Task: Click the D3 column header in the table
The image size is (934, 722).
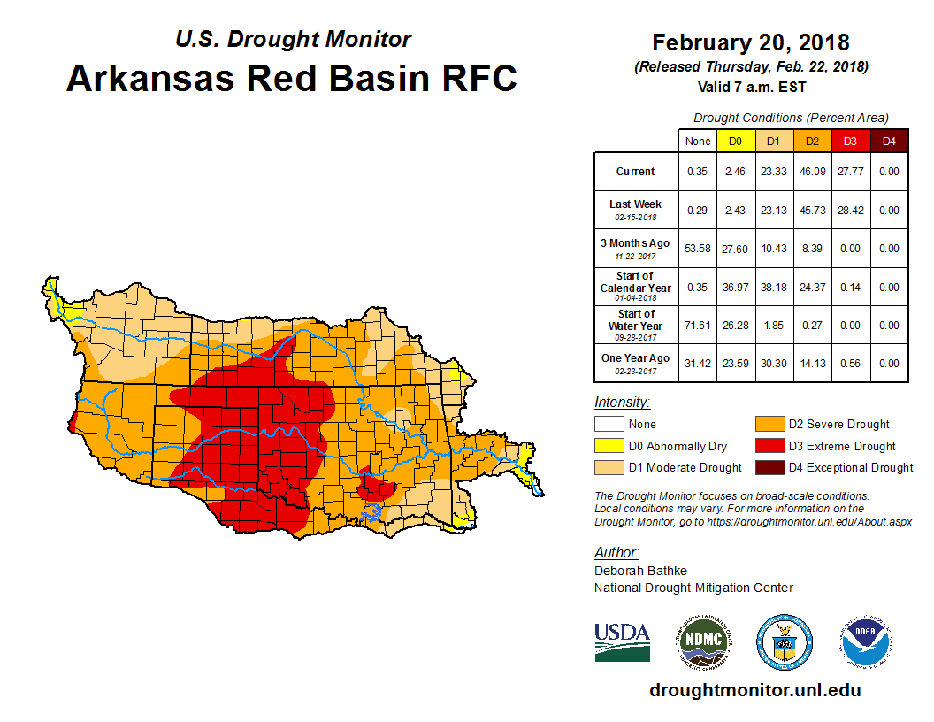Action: (x=850, y=141)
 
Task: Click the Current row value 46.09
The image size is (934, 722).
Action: (x=812, y=172)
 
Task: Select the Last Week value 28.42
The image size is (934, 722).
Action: (x=850, y=211)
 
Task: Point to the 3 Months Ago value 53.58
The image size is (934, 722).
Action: (x=698, y=249)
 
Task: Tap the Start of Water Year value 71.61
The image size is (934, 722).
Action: (x=698, y=326)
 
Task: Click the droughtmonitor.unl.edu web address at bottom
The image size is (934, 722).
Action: (x=754, y=690)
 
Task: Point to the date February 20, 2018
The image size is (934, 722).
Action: (x=751, y=42)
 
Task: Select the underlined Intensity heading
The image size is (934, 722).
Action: (x=622, y=403)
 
